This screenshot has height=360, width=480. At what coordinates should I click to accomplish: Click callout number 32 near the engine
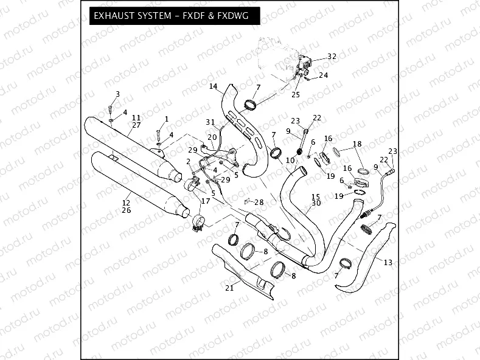coord(331,56)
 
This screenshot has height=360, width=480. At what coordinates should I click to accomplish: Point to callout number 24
coord(323,75)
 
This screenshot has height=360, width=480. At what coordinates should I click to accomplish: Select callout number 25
coord(296,94)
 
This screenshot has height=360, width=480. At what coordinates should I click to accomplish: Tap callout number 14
coord(213,86)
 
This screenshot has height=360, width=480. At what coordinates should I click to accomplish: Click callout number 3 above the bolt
coord(117,94)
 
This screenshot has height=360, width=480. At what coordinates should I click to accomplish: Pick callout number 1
coord(166,118)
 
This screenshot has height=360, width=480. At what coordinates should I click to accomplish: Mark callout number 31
coord(210,122)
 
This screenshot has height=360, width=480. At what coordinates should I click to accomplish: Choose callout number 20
coord(212,137)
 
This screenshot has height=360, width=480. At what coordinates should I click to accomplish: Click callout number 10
coord(290,159)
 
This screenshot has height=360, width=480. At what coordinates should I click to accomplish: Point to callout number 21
coord(229,288)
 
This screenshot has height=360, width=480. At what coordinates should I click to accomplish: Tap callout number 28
coord(259,202)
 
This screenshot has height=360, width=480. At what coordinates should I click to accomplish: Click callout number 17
coord(205,201)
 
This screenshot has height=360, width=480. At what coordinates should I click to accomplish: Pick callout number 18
coord(357,144)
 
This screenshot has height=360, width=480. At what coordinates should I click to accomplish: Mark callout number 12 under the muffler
coord(126,203)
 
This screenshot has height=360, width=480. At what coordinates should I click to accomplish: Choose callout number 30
coord(316,204)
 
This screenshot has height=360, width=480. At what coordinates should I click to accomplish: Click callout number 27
coord(136,125)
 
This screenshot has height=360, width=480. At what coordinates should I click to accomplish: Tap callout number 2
coord(189,161)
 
